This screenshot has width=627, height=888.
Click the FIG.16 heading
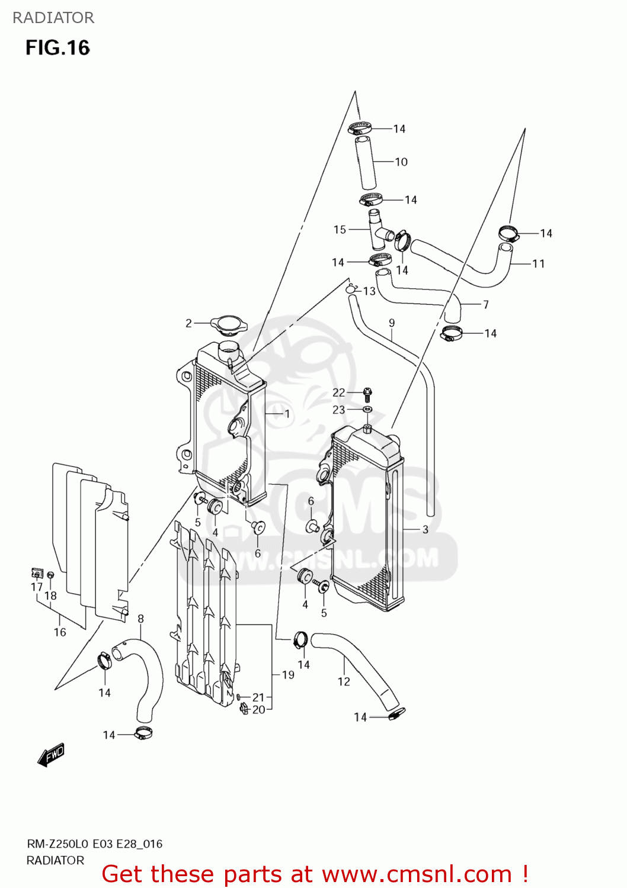57,48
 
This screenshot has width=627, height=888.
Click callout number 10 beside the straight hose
401,162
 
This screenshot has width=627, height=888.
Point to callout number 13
369,291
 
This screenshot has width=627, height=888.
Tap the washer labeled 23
367,409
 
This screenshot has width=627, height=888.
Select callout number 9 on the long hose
392,323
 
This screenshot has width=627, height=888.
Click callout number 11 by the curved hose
538,263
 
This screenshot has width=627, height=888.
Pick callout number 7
486,304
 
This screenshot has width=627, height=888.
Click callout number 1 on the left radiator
287,414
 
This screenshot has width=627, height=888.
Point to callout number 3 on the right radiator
425,529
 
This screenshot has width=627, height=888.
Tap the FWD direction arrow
51,755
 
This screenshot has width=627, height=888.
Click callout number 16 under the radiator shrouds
60,632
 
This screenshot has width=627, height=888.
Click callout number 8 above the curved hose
140,619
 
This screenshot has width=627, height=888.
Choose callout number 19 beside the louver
288,675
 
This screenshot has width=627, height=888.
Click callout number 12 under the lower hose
344,681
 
